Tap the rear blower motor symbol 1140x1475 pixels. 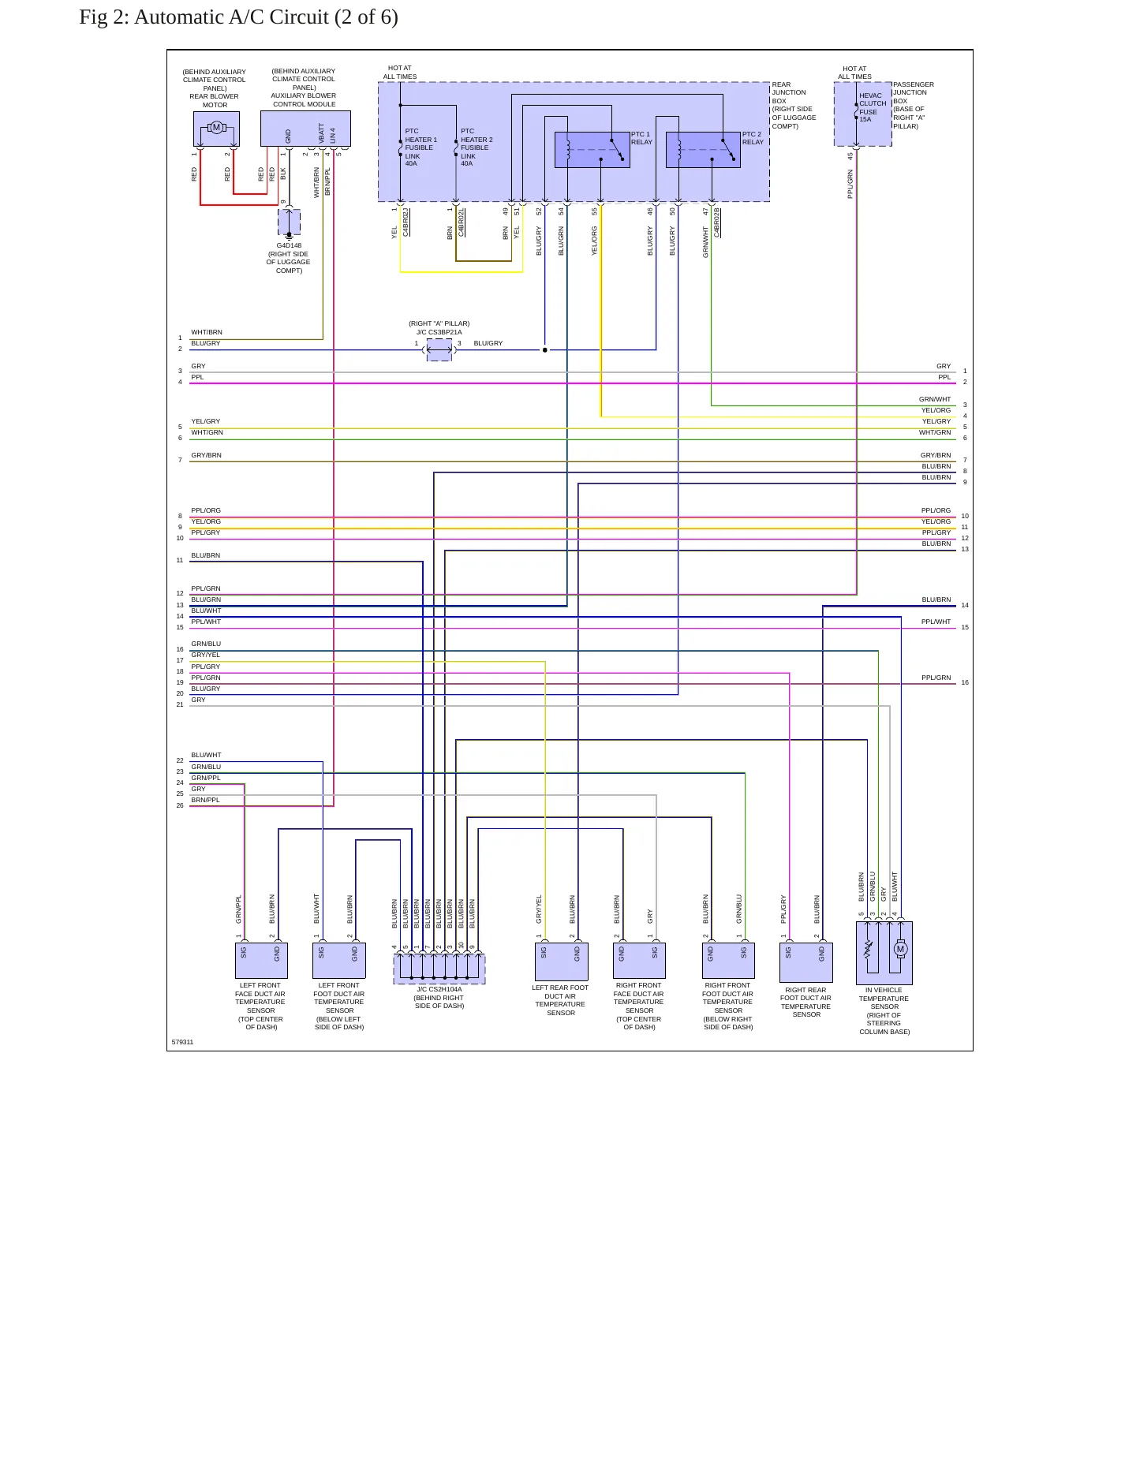(x=216, y=128)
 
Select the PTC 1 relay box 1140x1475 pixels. (x=592, y=150)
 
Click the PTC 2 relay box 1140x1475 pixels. (x=703, y=150)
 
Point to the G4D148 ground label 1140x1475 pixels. (x=289, y=245)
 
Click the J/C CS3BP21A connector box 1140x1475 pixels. (x=439, y=350)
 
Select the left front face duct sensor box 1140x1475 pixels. (x=261, y=961)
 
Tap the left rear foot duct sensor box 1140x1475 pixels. (x=561, y=962)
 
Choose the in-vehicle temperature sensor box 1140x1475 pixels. (x=884, y=953)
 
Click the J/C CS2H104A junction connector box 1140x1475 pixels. (x=439, y=969)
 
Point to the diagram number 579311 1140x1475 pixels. (x=182, y=1042)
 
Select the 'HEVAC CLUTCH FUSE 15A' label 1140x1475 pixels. (x=873, y=107)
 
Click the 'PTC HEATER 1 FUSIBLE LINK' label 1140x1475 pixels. (x=420, y=144)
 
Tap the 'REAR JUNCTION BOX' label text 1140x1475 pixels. (x=789, y=92)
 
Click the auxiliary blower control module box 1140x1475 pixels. (x=305, y=129)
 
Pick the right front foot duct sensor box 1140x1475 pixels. (x=728, y=961)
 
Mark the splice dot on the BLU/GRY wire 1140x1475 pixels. (x=544, y=349)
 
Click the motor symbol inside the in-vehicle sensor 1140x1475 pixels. (x=900, y=950)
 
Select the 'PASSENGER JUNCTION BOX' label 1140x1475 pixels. (x=914, y=92)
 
